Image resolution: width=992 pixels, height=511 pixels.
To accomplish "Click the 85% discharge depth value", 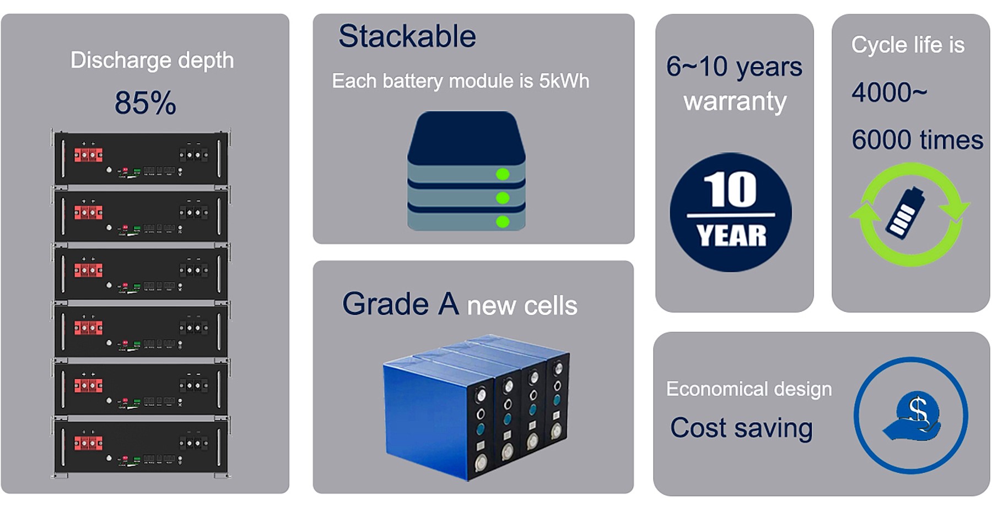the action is (x=145, y=103).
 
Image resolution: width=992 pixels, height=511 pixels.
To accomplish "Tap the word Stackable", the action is (x=407, y=36).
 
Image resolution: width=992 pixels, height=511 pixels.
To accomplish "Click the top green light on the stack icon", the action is (x=503, y=174).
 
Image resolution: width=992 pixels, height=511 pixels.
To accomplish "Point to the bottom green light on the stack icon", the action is (x=503, y=222).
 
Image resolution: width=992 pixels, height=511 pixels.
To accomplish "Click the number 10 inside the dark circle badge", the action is (x=730, y=189).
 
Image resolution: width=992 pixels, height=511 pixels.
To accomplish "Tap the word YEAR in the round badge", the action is (x=731, y=236).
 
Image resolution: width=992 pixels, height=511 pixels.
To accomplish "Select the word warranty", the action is (x=735, y=101).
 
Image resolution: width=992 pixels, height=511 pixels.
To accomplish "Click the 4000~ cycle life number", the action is (x=889, y=93).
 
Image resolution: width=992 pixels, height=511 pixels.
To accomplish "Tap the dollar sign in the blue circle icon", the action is (x=918, y=410).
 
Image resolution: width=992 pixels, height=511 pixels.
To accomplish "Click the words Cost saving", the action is (x=741, y=428).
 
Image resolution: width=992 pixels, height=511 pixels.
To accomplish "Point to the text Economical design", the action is (x=749, y=389).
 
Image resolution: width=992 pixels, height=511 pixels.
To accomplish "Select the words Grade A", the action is (x=401, y=304).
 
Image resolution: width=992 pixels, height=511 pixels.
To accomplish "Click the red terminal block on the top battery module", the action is (x=88, y=155).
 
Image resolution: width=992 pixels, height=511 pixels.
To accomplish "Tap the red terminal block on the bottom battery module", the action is (x=88, y=443).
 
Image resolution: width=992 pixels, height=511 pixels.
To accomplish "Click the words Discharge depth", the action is (x=152, y=61).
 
